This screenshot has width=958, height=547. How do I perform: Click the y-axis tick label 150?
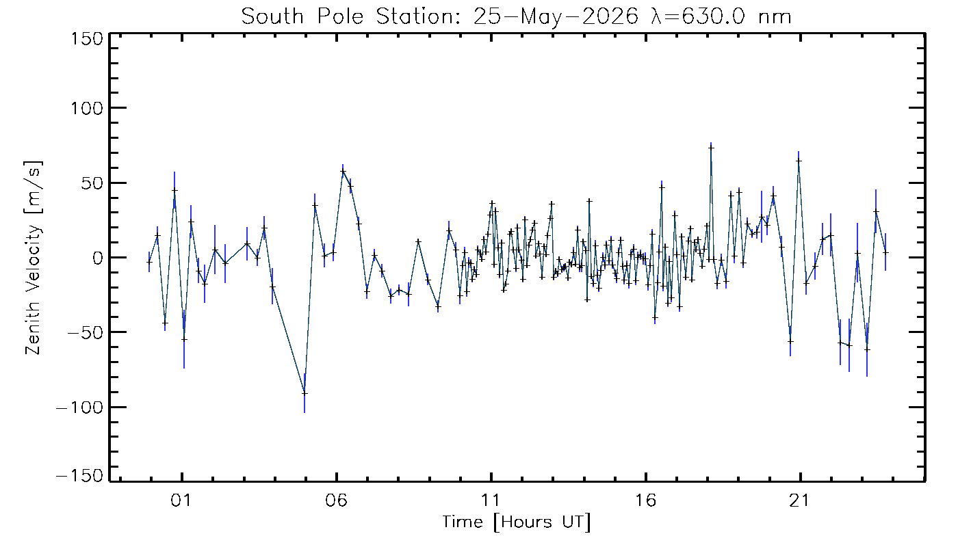pos(87,39)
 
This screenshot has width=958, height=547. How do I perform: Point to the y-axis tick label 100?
pos(87,108)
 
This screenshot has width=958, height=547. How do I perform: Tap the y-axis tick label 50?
pos(92,183)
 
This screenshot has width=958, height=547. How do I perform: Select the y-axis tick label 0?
pos(98,258)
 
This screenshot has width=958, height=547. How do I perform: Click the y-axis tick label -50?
pos(86,332)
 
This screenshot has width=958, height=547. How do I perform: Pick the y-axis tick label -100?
pos(80,408)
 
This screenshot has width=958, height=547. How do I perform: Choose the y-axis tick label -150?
pos(80,475)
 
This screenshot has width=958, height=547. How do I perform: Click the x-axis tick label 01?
pos(181,501)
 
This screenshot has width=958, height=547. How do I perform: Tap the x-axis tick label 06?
pos(336,501)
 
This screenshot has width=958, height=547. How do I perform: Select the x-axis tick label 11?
pos(490,501)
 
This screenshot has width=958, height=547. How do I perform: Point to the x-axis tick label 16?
pos(645,501)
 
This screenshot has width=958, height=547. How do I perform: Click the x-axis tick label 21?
pos(799,501)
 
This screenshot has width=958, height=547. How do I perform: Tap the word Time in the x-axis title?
pos(463,522)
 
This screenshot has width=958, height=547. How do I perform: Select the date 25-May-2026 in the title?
pos(556,16)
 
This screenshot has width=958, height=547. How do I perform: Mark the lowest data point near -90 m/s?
pos(305,393)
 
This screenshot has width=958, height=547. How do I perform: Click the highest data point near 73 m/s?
pos(711,148)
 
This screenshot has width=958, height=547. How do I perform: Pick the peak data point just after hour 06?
pos(343,172)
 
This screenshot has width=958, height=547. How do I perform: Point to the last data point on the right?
pos(885,252)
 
